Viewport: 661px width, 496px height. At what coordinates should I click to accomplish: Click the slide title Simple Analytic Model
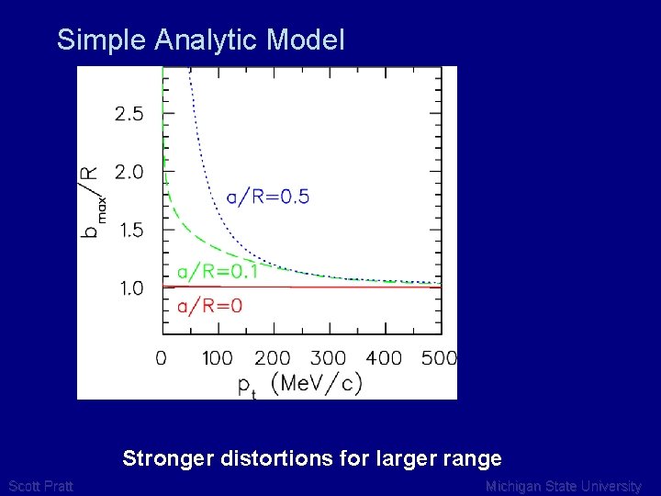pos(200,39)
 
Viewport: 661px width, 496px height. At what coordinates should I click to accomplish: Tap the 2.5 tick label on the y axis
pos(129,115)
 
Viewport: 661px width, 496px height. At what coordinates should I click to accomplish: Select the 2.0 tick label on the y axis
pos(129,173)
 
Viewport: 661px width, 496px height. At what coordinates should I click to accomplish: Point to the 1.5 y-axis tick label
pos(129,231)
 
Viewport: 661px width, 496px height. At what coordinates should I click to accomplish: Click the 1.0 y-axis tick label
pos(129,288)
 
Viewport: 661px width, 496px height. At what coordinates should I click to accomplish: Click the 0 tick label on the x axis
pos(162,357)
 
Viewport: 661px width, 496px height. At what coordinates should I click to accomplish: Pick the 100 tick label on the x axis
pos(217,357)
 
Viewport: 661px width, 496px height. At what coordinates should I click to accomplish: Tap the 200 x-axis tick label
pos(273,357)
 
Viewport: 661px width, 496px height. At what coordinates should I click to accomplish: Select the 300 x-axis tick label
pos(328,357)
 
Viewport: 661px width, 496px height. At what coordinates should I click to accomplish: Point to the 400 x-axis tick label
pos(384,357)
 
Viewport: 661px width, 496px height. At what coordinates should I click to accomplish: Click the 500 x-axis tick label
pos(439,357)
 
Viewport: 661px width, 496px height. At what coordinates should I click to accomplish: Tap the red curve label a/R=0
pos(209,306)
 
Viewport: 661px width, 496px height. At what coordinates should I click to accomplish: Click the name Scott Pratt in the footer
pos(40,486)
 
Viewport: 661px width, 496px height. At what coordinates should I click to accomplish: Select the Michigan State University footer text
pos(563,486)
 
